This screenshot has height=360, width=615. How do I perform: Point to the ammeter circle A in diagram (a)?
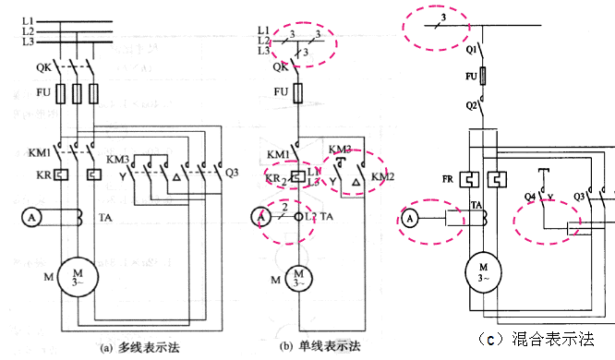click(x=30, y=218)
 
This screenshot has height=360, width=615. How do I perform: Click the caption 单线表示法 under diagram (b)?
click(x=336, y=346)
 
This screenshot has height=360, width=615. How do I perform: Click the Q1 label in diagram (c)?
click(x=471, y=46)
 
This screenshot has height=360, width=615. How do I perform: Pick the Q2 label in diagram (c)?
click(x=471, y=106)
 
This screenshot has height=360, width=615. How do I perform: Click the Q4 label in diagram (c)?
click(x=531, y=196)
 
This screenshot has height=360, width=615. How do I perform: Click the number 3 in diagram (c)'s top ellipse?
click(x=443, y=18)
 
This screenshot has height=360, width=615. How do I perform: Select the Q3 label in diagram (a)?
click(x=232, y=171)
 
